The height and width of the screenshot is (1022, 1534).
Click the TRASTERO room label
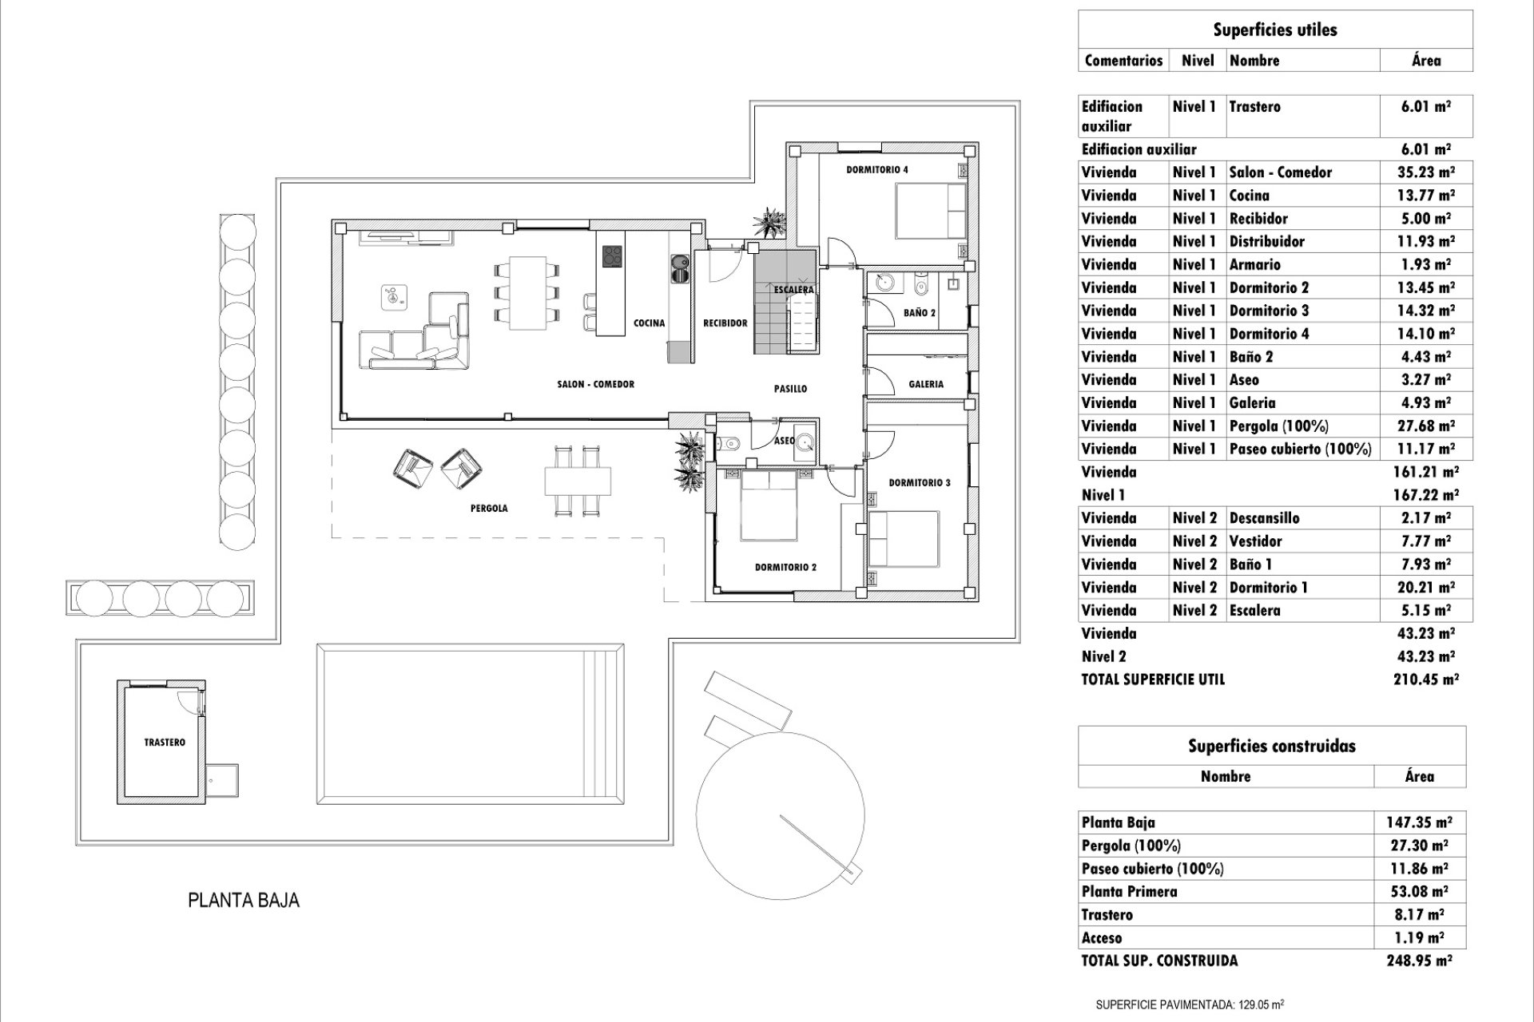point(165,743)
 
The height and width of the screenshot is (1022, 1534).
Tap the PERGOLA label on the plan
point(489,508)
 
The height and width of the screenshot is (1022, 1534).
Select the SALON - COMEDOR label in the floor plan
point(595,384)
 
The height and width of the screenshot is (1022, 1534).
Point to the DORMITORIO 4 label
point(877,170)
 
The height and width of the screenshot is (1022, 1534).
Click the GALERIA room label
point(926,384)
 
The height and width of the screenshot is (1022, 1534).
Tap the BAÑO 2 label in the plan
point(920,313)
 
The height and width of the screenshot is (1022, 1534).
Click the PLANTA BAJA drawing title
point(244,900)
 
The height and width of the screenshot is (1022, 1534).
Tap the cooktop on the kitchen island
point(612,256)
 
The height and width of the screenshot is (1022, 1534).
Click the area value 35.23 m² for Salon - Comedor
point(1425,172)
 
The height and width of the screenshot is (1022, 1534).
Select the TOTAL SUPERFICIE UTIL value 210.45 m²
point(1425,679)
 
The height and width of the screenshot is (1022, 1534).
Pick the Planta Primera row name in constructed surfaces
point(1129,892)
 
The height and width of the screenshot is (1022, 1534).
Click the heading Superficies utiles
point(1274,30)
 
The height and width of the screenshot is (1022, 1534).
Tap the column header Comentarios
point(1123,61)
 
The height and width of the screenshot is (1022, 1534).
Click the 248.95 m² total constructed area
point(1419,961)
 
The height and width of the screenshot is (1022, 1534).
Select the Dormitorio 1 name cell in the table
point(1268,588)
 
